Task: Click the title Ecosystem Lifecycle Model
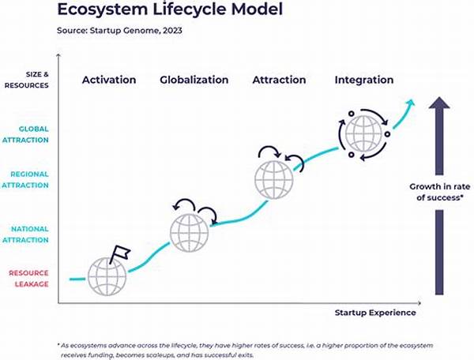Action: (170, 9)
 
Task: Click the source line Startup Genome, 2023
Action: (119, 31)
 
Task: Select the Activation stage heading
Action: (109, 80)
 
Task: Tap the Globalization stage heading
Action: (194, 80)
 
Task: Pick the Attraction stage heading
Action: (279, 80)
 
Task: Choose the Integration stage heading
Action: (364, 80)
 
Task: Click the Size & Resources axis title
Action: (26, 80)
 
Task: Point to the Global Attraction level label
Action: (25, 134)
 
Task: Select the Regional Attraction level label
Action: (25, 180)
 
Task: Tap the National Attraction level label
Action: (25, 234)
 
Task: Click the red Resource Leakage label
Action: (28, 279)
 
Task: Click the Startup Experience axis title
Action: (375, 313)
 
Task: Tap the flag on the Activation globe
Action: (120, 253)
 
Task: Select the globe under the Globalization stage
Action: (190, 233)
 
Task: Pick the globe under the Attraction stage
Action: (274, 180)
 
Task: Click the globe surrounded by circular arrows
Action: (363, 133)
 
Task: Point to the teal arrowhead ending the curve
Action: (412, 103)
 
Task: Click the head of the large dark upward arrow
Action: (439, 103)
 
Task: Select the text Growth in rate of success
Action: (440, 192)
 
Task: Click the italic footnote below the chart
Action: (245, 350)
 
